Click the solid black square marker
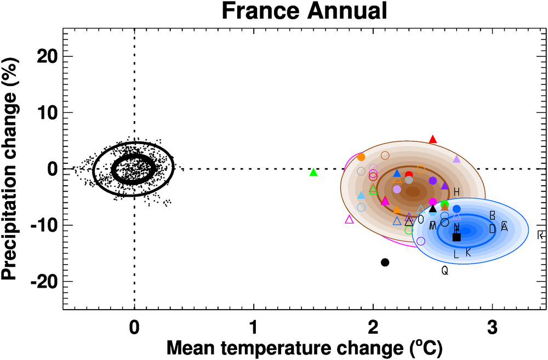pyautogui.click(x=456, y=237)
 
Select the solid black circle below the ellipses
pyautogui.click(x=385, y=262)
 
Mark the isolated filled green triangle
pyautogui.click(x=313, y=172)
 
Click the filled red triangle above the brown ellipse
pyautogui.click(x=433, y=139)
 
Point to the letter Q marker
pyautogui.click(x=444, y=270)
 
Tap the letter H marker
pyautogui.click(x=456, y=191)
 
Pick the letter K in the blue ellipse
pyautogui.click(x=468, y=252)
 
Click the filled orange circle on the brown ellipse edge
pyautogui.click(x=361, y=157)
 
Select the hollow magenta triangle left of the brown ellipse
pyautogui.click(x=350, y=219)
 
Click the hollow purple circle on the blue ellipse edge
pyautogui.click(x=421, y=241)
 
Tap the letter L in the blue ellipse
pyautogui.click(x=456, y=254)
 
